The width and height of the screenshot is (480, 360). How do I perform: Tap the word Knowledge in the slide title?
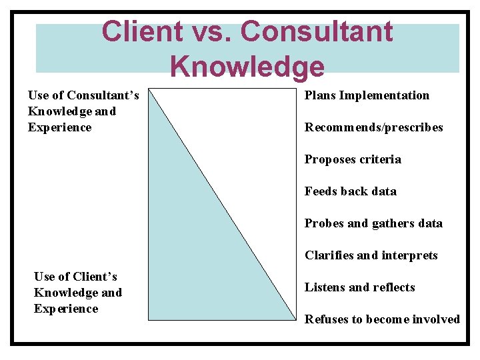point(247,66)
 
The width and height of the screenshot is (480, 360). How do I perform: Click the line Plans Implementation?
point(367,95)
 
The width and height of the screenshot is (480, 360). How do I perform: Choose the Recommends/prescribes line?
point(373,127)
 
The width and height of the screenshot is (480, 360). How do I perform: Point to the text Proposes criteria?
point(353,159)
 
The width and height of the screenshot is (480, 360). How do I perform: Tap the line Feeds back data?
point(350,191)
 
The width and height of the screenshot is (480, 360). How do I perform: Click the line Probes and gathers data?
point(373,223)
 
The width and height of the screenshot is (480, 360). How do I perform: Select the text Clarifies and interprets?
point(371,255)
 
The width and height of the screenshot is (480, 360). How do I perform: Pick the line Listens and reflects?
point(359,287)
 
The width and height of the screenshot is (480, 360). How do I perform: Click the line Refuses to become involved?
point(382,319)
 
